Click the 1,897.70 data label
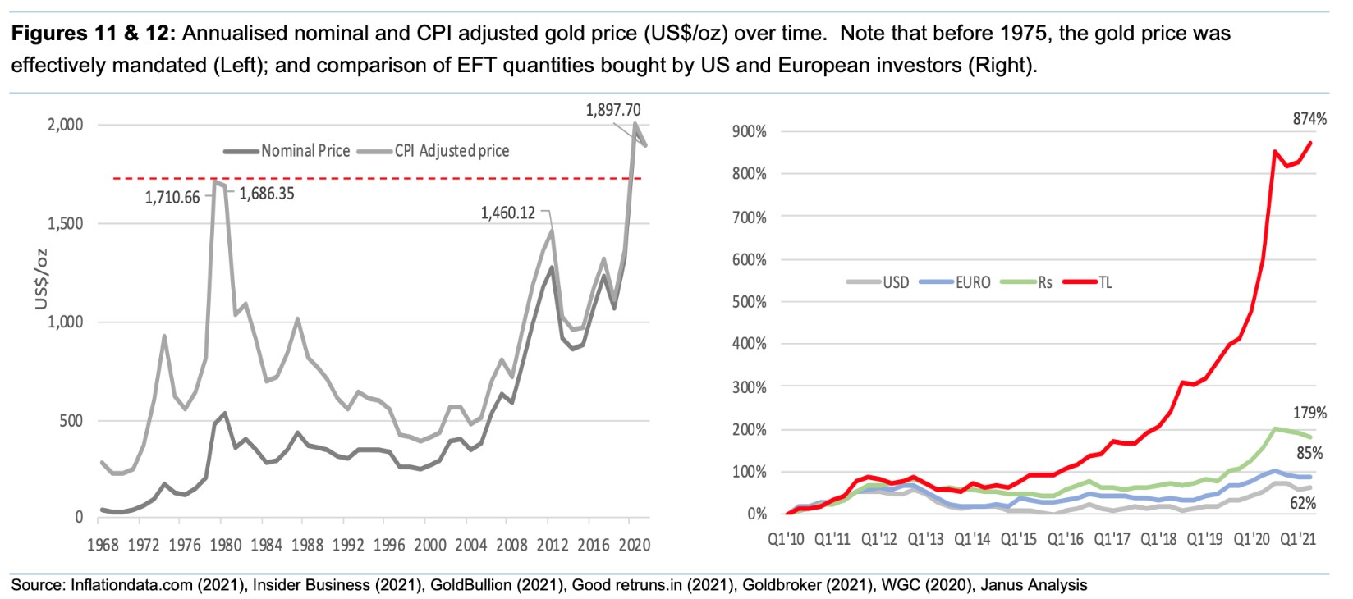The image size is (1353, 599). pos(612,110)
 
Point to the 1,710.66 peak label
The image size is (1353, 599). pos(172,198)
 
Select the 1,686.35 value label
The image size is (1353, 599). pos(267,194)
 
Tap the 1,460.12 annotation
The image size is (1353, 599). pos(507,213)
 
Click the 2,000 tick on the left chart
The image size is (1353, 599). pos(65,125)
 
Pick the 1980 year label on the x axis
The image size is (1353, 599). pos(226,545)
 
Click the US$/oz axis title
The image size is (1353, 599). pos(41,279)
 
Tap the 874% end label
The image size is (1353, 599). pos(1309,119)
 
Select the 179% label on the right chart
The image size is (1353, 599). pos(1309,414)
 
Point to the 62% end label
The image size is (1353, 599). pos(1303,503)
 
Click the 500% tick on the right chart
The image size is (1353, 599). pos(749,302)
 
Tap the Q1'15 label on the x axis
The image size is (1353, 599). pos(1018,539)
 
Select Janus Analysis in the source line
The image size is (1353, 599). pos(1034,585)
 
